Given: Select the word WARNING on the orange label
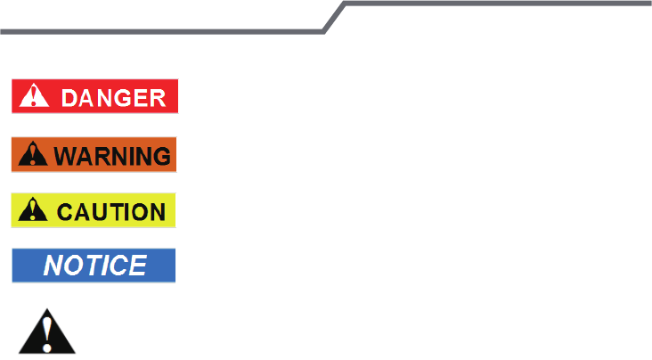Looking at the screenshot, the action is coord(112,155).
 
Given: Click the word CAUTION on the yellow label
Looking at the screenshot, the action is coord(111,212).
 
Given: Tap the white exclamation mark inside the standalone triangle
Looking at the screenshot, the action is coord(47,333).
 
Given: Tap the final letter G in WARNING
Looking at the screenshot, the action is coord(161,155).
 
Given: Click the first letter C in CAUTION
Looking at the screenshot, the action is coord(64,212).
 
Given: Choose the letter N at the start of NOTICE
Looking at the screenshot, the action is coord(53,266).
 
